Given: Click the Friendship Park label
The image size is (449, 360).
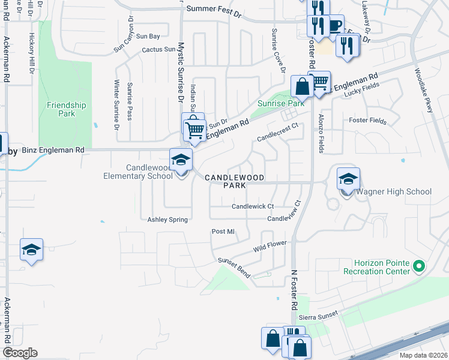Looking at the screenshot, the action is coord(66,109).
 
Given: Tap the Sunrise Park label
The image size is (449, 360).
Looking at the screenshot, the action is coord(282,103).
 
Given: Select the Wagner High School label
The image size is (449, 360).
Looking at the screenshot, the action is coord(394,191).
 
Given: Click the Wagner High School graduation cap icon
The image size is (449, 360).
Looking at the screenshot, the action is coord(348,179).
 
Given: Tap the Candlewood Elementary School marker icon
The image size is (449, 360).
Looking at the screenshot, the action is coord(181,160).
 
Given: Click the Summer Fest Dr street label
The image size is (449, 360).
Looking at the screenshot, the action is coord(213,9).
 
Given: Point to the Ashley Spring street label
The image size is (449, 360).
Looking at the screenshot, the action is coord(168,220).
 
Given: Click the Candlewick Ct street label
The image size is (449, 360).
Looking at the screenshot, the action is coord(253,206).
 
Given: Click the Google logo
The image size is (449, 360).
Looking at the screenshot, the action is coord(20,353).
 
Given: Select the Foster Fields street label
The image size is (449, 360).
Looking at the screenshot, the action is coord(368,121).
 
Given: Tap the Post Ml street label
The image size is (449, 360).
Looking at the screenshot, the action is coord(223,231).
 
